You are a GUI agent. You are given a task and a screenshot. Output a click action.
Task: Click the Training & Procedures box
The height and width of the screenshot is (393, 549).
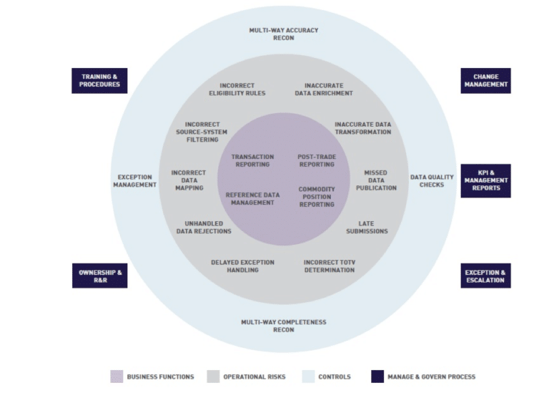pos(99,80)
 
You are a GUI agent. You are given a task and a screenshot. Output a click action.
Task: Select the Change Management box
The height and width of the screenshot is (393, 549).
pos(485,80)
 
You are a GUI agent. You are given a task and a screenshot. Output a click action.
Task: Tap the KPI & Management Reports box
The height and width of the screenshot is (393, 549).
pos(485,180)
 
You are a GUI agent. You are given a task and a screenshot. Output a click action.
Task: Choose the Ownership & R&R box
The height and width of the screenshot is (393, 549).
pos(99,276)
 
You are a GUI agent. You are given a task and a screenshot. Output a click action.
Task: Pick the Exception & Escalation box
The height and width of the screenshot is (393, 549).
pos(485,276)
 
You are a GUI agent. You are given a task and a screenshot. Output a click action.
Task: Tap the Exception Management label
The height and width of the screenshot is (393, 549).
pos(134,180)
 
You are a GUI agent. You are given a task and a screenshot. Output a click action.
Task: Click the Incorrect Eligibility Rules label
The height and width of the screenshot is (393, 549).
pos(237,89)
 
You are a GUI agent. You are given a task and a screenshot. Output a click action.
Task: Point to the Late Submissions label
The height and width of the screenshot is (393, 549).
pos(367,227)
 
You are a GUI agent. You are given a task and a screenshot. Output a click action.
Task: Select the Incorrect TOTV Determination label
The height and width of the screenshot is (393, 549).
pos(329,266)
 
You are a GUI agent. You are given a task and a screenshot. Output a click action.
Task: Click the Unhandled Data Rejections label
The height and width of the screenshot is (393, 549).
pos(204,227)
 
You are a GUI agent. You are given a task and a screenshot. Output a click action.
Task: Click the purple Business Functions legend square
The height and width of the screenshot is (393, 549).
pos(117,377)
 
